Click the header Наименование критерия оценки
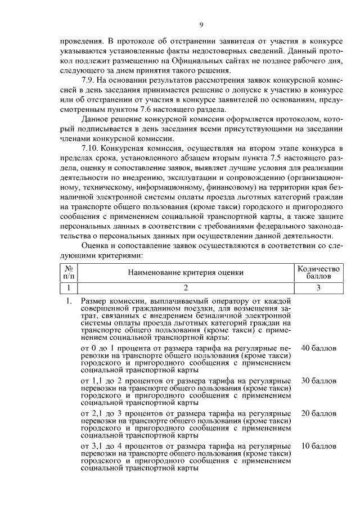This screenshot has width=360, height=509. coord(185,273)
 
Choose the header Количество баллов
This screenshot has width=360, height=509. coord(318,273)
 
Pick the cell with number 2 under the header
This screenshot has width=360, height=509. coord(185,288)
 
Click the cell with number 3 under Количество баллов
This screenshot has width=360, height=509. coord(318,288)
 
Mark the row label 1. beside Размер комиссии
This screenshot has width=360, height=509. coord(68,302)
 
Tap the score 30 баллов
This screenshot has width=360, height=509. coord(318,381)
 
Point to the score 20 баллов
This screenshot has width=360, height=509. coord(318,413)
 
